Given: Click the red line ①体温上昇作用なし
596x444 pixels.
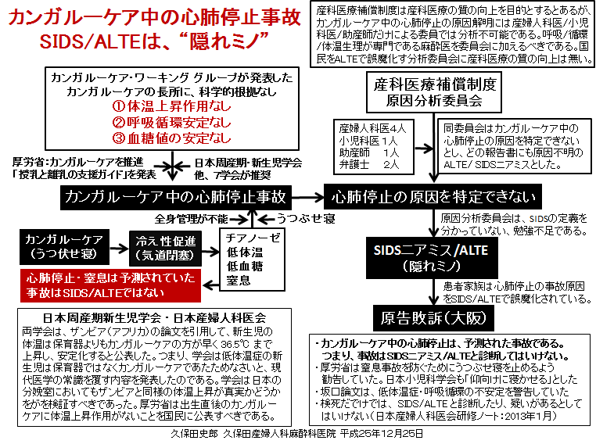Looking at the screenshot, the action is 171,106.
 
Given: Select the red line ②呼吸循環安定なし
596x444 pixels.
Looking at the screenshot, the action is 171,122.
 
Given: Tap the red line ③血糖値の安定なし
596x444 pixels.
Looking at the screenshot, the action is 171,138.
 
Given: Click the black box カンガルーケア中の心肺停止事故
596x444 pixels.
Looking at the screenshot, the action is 176,197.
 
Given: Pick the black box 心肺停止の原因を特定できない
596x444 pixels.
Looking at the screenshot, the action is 433,196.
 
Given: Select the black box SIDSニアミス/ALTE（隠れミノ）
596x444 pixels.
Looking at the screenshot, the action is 432,258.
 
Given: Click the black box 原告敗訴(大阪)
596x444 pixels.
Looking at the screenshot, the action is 433,318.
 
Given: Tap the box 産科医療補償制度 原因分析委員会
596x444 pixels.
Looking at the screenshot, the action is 434,92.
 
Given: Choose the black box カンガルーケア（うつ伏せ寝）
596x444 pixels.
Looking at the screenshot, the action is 65,247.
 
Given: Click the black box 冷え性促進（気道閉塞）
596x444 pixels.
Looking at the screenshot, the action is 165,249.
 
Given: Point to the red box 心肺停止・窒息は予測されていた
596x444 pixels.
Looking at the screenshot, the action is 110,285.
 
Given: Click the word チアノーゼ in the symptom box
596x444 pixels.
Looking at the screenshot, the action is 253,238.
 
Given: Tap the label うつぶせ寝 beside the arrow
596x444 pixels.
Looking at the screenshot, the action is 307,218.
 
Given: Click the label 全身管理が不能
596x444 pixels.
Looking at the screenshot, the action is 191,219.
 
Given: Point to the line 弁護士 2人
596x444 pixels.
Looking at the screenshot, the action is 369,164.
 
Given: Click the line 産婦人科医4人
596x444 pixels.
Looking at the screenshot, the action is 372,128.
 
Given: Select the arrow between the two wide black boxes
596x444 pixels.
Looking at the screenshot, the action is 307,197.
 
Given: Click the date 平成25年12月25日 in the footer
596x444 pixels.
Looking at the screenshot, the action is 382,434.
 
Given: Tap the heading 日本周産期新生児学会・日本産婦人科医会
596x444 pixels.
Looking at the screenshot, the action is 154,317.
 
